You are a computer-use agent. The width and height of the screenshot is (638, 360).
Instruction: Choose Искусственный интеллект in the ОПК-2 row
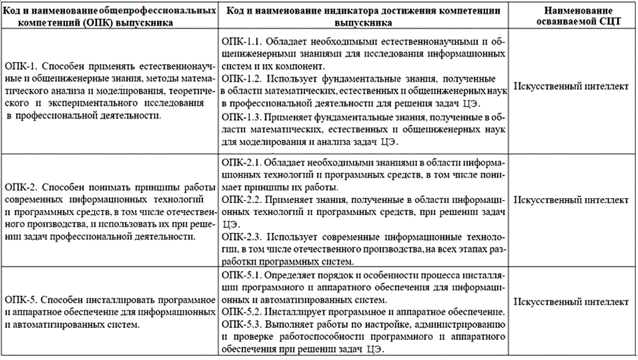click(x=570, y=200)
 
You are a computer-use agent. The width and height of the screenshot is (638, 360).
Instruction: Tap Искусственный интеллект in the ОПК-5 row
click(x=570, y=302)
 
